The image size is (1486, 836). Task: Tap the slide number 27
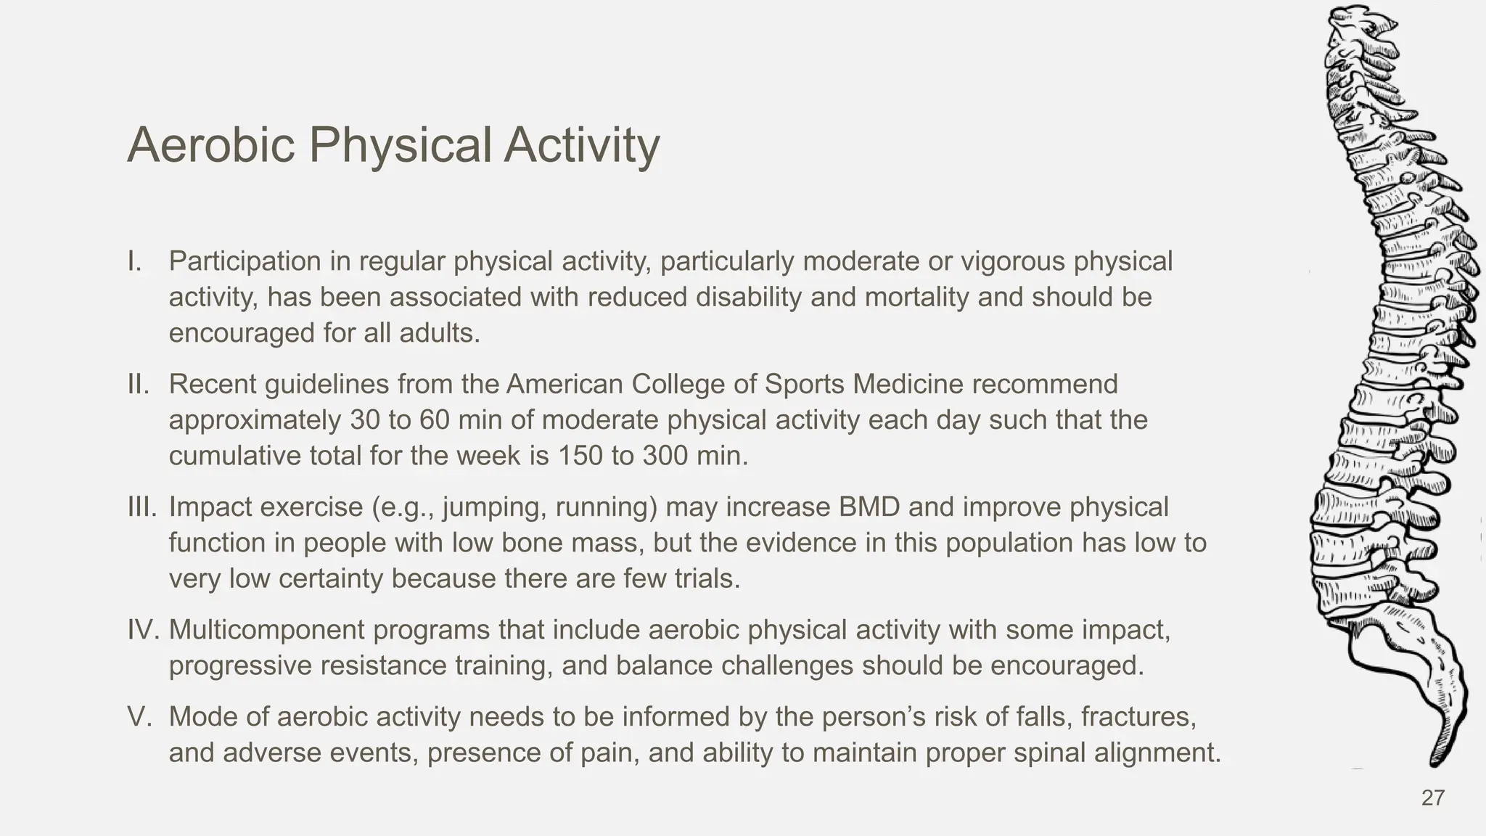tap(1432, 798)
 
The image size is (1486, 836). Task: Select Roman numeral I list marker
tap(134, 261)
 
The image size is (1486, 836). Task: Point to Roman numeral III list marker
tap(141, 507)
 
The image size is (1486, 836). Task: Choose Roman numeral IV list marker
tap(143, 630)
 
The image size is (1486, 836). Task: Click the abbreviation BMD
tap(869, 507)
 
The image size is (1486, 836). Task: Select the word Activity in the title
tap(582, 145)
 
